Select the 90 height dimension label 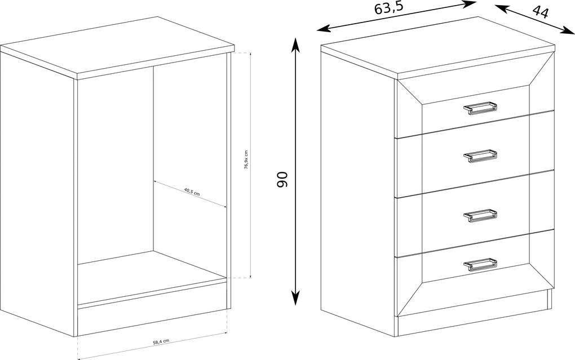point(282,179)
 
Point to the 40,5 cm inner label point(192,192)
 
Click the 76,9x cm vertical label point(246,159)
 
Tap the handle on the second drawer point(480,155)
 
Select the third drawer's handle point(480,215)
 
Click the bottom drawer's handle point(480,265)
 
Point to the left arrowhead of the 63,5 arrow point(322,29)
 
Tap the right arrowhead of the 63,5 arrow point(470,3)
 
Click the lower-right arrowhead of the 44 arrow point(569,31)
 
